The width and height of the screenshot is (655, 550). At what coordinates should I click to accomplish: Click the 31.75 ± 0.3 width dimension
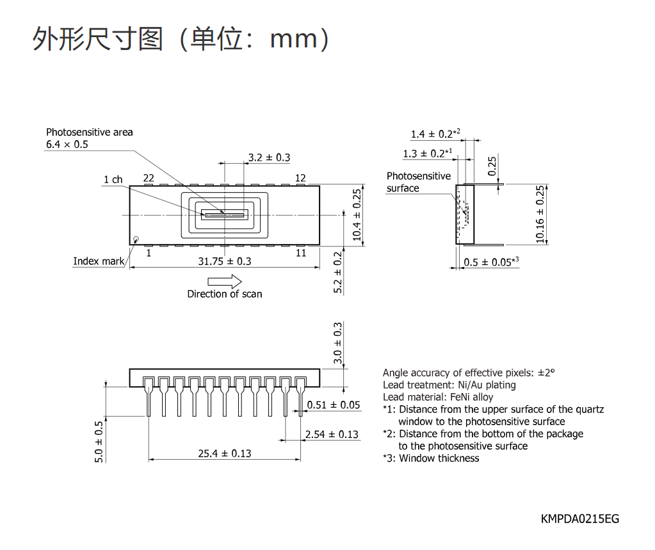(x=224, y=261)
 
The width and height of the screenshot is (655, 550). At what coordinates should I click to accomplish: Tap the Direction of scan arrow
(x=224, y=282)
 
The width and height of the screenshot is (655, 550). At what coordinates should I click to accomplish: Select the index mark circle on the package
(x=136, y=239)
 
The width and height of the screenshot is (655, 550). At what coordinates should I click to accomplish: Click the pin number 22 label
(x=149, y=179)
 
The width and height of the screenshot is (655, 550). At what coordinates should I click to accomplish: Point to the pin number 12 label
(x=300, y=179)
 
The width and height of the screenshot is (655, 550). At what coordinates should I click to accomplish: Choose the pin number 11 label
(x=301, y=253)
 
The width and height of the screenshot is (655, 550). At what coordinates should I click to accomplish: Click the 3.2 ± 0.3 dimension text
(x=269, y=158)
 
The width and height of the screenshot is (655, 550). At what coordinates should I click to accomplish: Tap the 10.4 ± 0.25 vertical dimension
(x=357, y=215)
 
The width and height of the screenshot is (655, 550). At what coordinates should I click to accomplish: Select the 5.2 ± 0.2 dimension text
(x=337, y=272)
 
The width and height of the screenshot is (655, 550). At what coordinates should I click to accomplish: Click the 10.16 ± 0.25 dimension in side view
(x=540, y=214)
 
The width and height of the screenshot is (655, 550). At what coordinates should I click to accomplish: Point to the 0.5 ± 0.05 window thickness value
(x=491, y=262)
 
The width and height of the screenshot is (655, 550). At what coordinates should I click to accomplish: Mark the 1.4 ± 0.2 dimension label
(x=435, y=134)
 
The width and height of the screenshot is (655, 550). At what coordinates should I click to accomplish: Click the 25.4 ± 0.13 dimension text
(x=224, y=453)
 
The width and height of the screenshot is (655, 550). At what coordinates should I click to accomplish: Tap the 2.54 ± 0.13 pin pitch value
(x=332, y=434)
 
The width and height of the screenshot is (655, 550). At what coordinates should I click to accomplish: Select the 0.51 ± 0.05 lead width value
(x=334, y=405)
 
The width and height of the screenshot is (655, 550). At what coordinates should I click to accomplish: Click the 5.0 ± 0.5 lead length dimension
(x=99, y=442)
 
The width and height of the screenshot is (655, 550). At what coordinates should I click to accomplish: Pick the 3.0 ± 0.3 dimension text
(x=337, y=343)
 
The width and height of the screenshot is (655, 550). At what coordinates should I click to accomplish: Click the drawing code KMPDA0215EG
(x=580, y=519)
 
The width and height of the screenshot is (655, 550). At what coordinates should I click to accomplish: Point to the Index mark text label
(x=99, y=261)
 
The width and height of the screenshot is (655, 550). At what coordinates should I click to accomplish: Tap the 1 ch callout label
(x=113, y=179)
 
